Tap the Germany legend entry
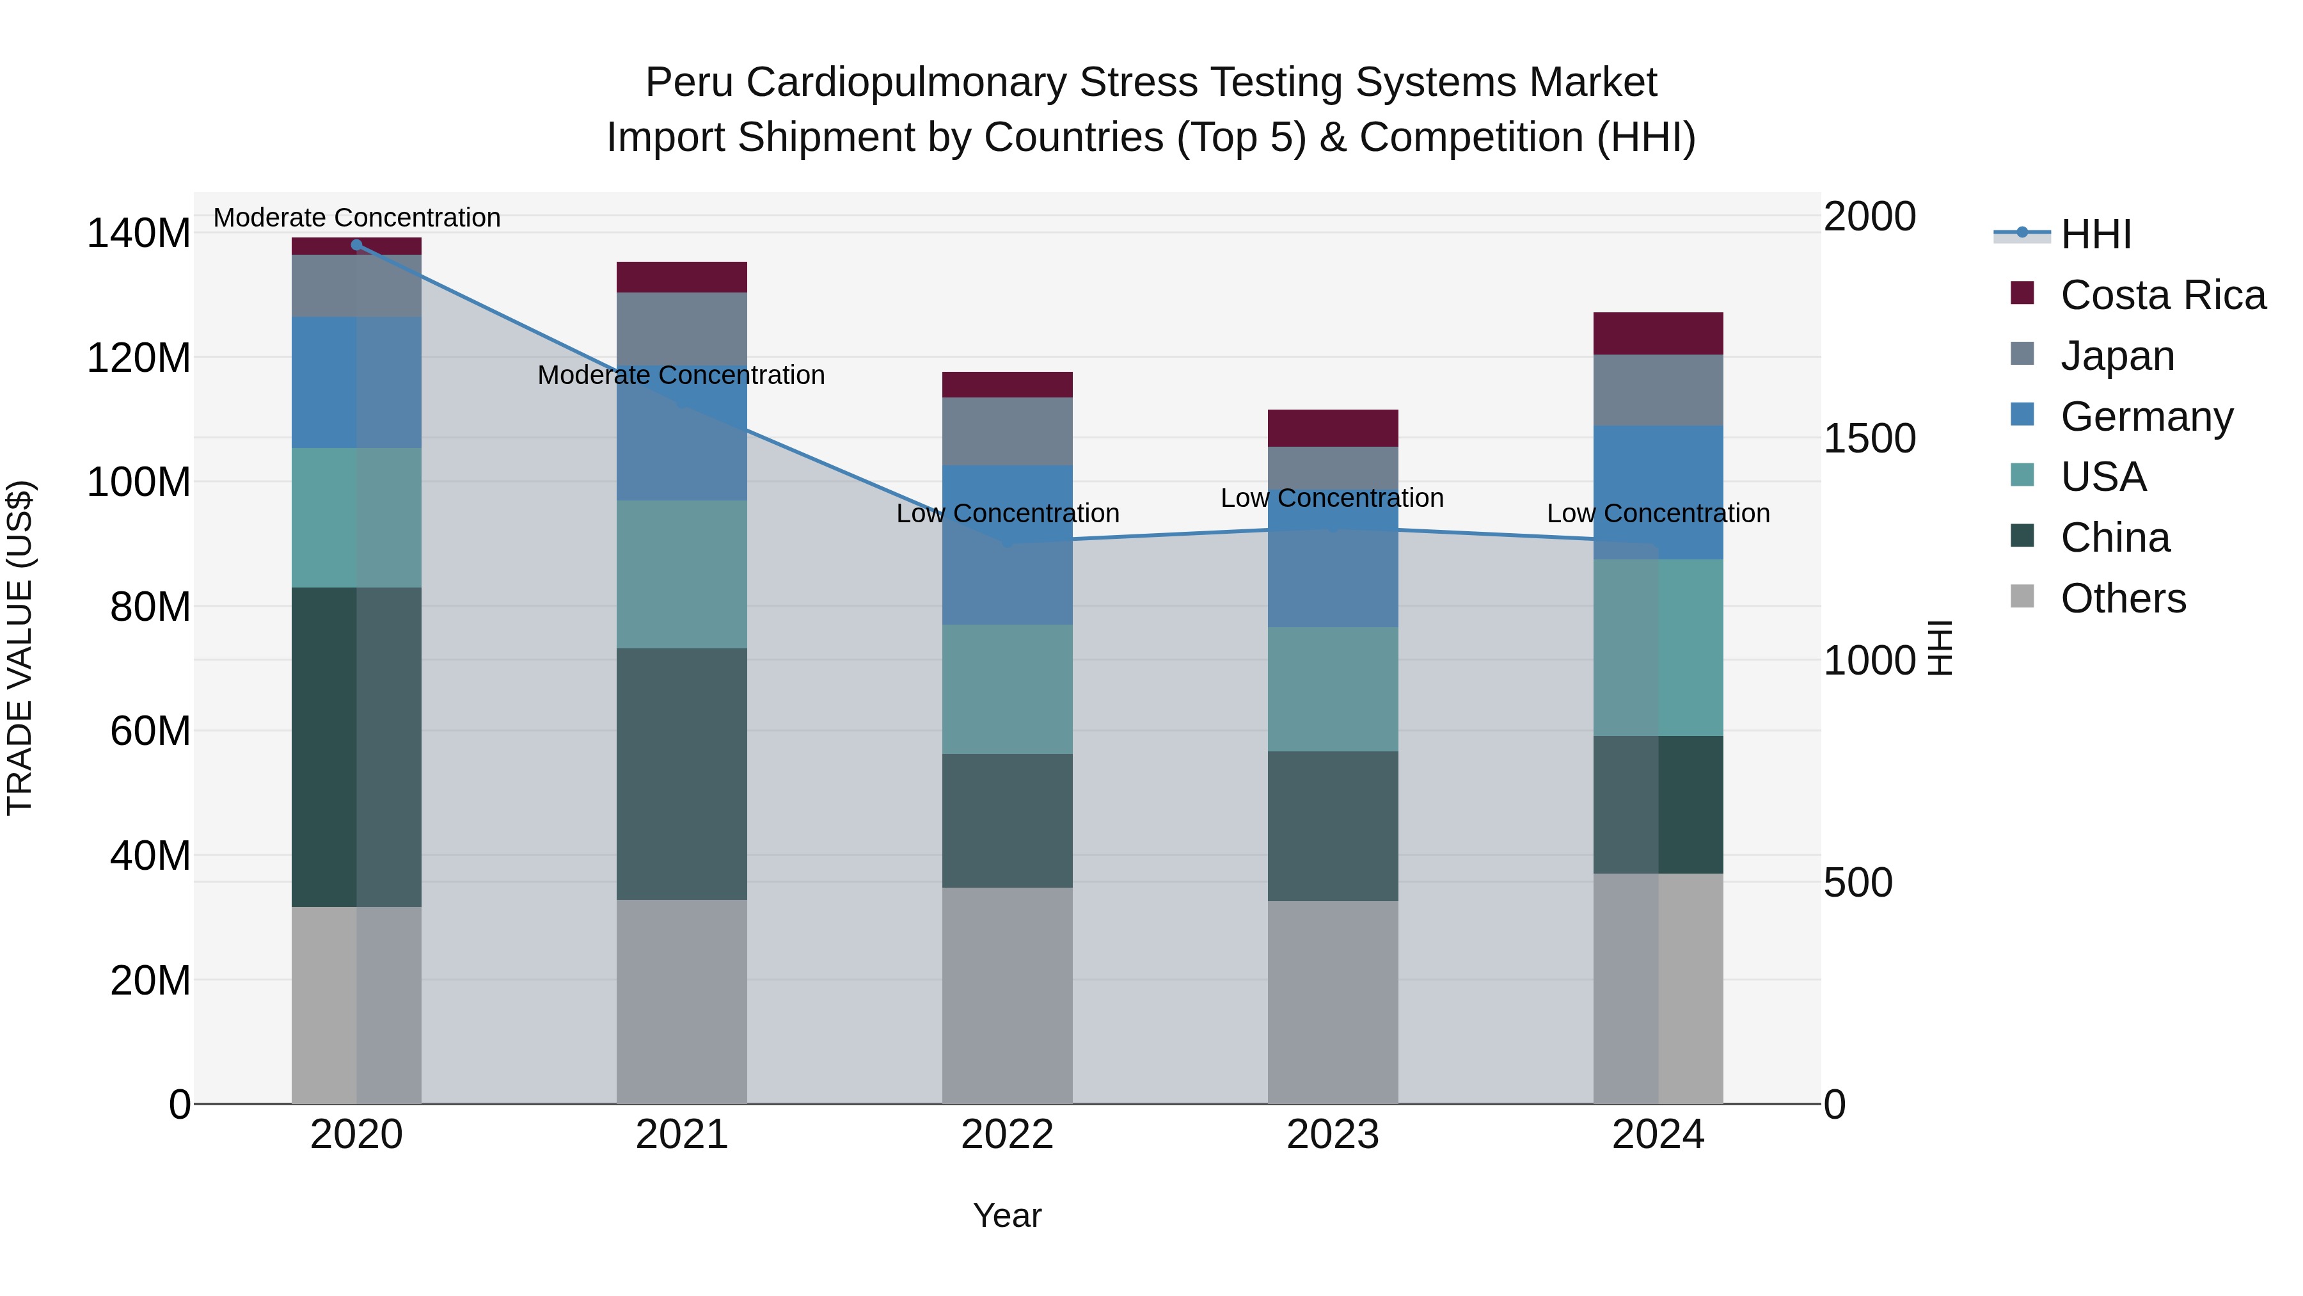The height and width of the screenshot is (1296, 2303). (2146, 417)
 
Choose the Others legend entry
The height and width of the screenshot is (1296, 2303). (2123, 598)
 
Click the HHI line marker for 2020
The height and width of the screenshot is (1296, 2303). (357, 245)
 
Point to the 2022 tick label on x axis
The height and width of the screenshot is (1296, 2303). (1007, 1135)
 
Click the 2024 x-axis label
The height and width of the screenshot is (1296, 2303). (1658, 1135)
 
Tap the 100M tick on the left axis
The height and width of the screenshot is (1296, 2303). (139, 482)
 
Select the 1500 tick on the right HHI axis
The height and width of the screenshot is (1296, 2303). (1869, 438)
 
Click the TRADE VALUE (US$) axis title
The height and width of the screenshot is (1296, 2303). (20, 648)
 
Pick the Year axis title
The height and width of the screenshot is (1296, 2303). (1007, 1215)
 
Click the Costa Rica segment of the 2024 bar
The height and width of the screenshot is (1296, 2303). (1658, 333)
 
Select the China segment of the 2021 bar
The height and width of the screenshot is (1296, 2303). (681, 774)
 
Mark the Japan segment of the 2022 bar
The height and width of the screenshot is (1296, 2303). (1007, 431)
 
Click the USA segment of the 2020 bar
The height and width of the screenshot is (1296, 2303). (357, 517)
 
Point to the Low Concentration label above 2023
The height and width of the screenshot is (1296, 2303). (1332, 498)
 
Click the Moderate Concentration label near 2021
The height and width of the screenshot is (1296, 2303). (681, 375)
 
